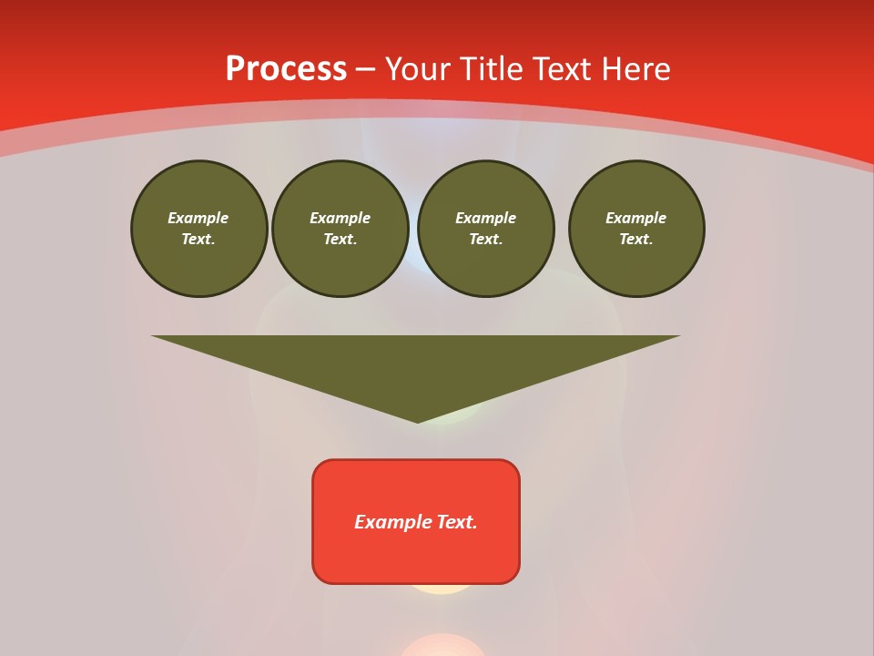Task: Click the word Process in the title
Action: [286, 68]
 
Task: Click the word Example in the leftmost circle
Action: [198, 218]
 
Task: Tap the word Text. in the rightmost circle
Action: [636, 240]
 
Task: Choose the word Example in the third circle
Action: [486, 218]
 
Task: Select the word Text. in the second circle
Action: [340, 240]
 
